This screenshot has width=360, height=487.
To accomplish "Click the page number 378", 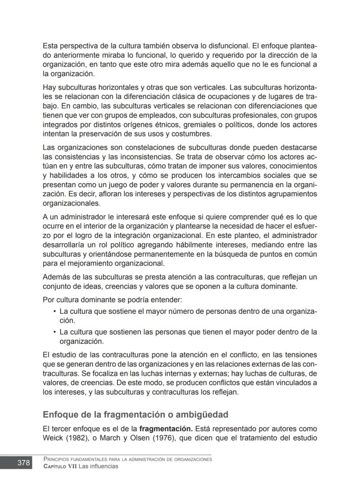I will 23,463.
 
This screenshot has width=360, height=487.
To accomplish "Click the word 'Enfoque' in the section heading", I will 60,414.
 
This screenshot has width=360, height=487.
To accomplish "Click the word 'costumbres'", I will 191,134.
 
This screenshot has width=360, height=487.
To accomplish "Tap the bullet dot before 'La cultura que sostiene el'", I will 54,312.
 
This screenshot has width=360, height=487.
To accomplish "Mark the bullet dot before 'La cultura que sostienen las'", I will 54,332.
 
